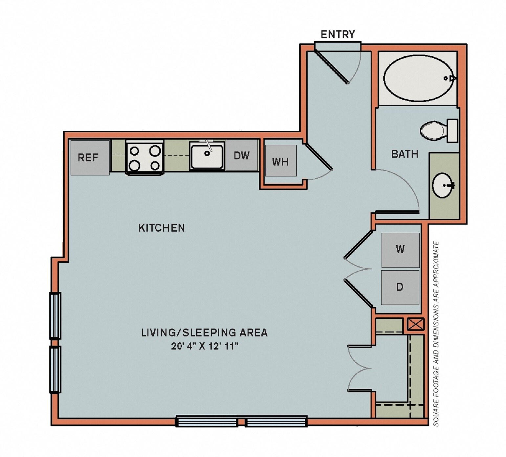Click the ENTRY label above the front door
tap(338, 34)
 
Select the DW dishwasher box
tap(242, 155)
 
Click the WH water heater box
tap(280, 161)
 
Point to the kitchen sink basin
tap(207, 156)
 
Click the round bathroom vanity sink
tap(443, 186)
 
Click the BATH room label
tap(405, 154)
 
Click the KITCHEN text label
tap(162, 228)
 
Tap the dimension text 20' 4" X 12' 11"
tap(204, 346)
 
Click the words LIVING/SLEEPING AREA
tap(204, 332)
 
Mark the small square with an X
tap(415, 324)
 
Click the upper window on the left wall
tap(55, 315)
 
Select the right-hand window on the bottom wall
tap(276, 422)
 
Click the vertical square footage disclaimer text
tap(436, 333)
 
